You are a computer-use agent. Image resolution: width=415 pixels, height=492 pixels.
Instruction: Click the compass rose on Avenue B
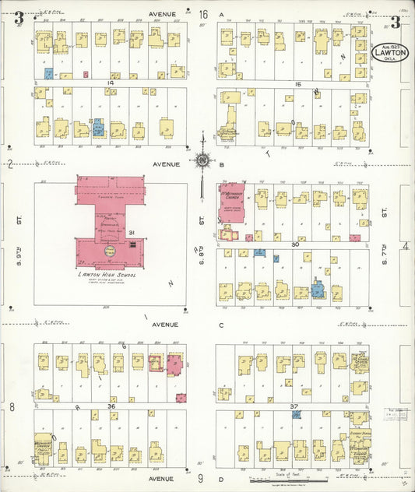point(202,160)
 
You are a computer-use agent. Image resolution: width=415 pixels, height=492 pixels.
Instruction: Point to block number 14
point(111,82)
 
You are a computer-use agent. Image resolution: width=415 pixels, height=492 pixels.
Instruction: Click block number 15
point(297,83)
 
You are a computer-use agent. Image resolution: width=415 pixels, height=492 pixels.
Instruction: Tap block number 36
point(111,406)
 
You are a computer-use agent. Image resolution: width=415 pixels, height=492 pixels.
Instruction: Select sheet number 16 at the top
point(203,14)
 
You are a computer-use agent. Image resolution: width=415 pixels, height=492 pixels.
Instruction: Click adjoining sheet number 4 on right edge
point(405,246)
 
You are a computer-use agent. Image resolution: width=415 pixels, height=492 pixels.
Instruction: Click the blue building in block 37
point(297,416)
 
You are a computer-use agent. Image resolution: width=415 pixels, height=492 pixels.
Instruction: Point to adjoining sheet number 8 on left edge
point(12,406)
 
